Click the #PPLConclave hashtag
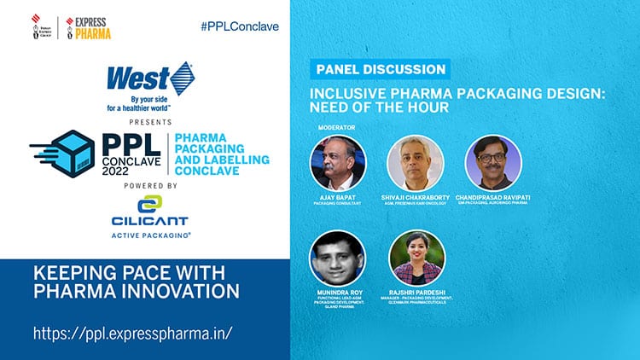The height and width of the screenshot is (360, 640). [239, 26]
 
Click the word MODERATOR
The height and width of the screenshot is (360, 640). [334, 127]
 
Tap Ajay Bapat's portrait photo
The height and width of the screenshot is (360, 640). [338, 163]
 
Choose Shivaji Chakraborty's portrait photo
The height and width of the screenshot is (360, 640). [416, 163]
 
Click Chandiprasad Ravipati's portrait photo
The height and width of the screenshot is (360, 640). [493, 163]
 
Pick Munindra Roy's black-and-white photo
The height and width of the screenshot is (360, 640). [338, 258]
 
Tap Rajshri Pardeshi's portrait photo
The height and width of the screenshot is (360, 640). [416, 258]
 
